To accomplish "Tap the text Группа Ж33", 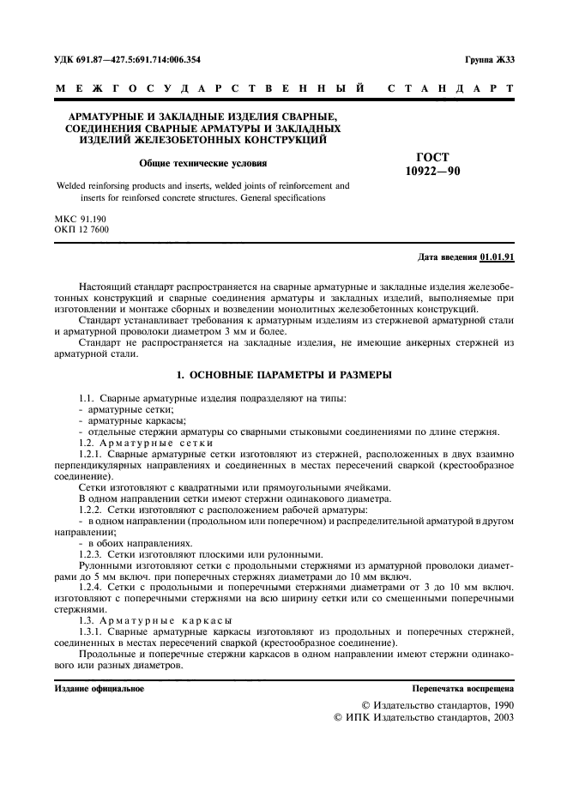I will (489, 59).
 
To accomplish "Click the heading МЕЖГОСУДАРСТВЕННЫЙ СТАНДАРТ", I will (283, 88).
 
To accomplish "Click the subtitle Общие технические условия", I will (202, 162).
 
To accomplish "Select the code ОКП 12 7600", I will (81, 230).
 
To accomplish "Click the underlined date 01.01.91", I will (498, 257).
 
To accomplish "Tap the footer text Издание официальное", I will (100, 688).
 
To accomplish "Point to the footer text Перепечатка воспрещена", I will (463, 688).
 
